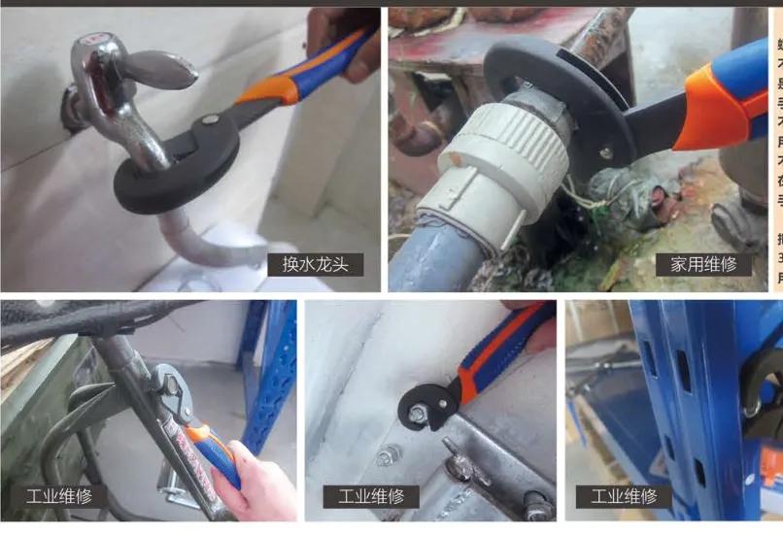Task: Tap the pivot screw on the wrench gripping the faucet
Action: [207, 120]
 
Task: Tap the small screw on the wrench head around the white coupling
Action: [607, 151]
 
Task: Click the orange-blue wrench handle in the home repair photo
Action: [724, 97]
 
